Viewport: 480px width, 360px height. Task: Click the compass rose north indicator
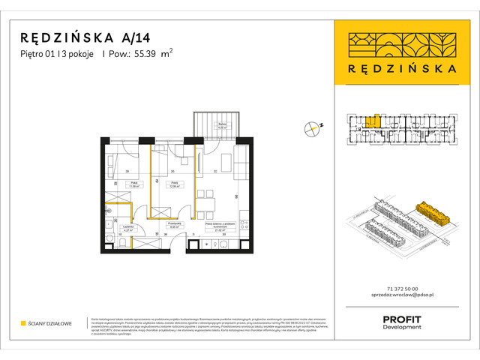click(x=311, y=128)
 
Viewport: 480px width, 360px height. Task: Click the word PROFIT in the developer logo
click(x=402, y=319)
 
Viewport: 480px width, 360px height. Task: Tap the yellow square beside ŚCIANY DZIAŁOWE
click(x=23, y=324)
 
